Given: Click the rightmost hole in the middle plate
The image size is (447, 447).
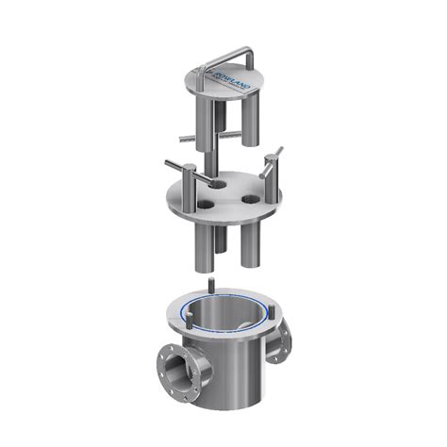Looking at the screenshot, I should [x=251, y=200].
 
